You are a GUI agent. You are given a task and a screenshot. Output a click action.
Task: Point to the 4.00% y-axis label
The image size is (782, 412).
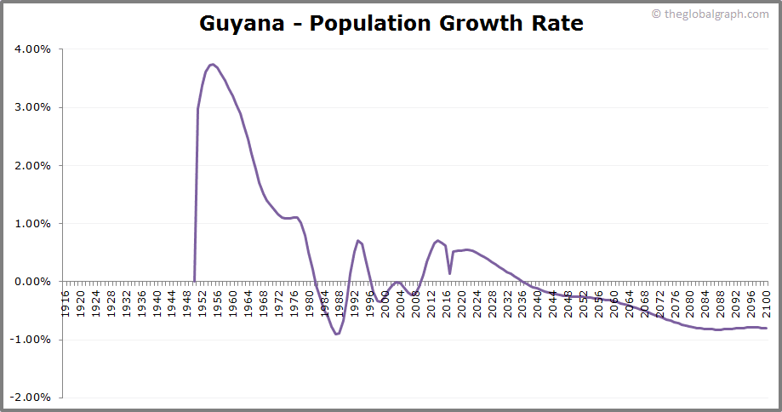(33, 49)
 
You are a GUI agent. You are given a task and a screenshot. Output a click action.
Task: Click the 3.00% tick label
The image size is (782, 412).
(33, 107)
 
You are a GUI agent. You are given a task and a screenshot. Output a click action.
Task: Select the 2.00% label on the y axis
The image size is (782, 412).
(33, 165)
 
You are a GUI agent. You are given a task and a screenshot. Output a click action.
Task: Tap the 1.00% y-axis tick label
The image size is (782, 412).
(33, 224)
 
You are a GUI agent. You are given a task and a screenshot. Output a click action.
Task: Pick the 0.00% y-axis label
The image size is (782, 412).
(33, 282)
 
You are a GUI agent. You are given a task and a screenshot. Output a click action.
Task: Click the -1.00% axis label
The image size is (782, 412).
(31, 340)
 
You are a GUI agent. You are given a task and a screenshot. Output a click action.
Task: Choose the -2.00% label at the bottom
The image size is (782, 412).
(31, 398)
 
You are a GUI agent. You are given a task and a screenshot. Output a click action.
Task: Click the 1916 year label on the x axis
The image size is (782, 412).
(66, 303)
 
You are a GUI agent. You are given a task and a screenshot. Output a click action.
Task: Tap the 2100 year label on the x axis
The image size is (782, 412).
(765, 303)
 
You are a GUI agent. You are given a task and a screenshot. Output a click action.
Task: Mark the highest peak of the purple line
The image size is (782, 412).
(212, 65)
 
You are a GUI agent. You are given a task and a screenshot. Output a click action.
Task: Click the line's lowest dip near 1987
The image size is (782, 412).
(336, 334)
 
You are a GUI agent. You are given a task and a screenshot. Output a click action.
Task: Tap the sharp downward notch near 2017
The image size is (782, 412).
(450, 272)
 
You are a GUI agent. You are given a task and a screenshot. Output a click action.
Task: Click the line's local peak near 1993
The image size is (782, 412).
(358, 241)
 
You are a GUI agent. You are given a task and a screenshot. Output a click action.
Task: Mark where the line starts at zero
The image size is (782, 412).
(194, 281)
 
